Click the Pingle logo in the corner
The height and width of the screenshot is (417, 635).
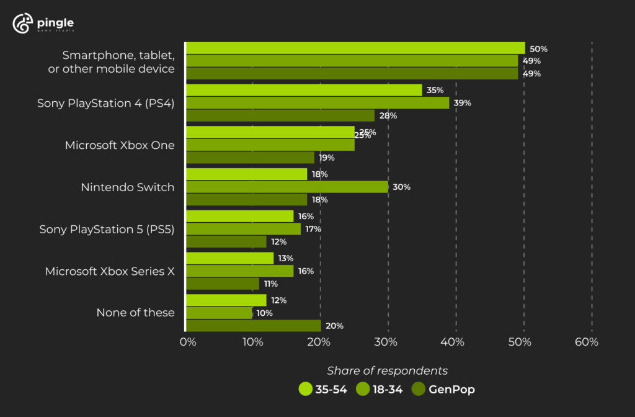pos(43,24)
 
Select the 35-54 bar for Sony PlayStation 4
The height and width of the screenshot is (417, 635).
pos(304,90)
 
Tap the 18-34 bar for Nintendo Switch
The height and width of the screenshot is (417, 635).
pos(287,187)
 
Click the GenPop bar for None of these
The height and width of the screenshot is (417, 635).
pos(254,325)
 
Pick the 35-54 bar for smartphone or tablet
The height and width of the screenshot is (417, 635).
pos(355,48)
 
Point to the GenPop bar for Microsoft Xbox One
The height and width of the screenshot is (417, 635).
pos(251,158)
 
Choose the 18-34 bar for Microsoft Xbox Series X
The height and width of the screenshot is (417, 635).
pos(240,271)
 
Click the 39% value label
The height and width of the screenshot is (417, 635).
pos(463,103)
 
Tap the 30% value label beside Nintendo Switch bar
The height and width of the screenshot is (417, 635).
pos(402,187)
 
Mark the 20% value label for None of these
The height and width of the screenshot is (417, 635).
pos(334,326)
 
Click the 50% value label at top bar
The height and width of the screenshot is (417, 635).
pos(538,48)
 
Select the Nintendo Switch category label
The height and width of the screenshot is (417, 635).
pos(127,187)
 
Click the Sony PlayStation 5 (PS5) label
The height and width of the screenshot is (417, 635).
pos(107,229)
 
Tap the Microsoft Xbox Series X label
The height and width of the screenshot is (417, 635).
pos(110,271)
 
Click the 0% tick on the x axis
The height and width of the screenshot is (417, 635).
pos(187,343)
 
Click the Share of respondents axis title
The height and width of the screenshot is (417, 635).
pos(387,370)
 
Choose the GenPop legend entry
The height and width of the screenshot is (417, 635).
pos(444,390)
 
